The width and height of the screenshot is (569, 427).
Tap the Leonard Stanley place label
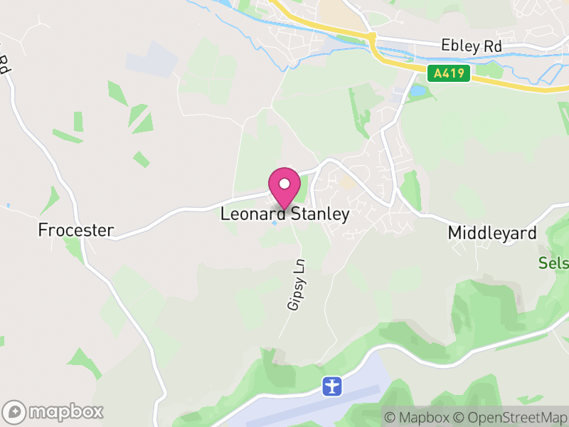[x=284, y=214]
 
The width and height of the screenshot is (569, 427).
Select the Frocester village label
[x=76, y=230]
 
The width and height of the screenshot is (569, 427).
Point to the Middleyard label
[x=492, y=233]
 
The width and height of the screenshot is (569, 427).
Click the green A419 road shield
[x=450, y=73]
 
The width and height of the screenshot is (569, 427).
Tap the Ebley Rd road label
[x=472, y=46]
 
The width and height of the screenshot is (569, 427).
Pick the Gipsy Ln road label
[x=297, y=284]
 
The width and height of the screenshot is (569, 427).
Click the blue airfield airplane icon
[x=332, y=386]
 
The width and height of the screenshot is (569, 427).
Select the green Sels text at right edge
[x=554, y=263]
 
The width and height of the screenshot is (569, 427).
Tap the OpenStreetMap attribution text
[x=511, y=417]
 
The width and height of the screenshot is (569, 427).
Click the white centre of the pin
[x=284, y=184]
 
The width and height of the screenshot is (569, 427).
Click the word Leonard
[x=252, y=214]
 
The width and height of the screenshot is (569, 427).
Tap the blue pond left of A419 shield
[x=416, y=91]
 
